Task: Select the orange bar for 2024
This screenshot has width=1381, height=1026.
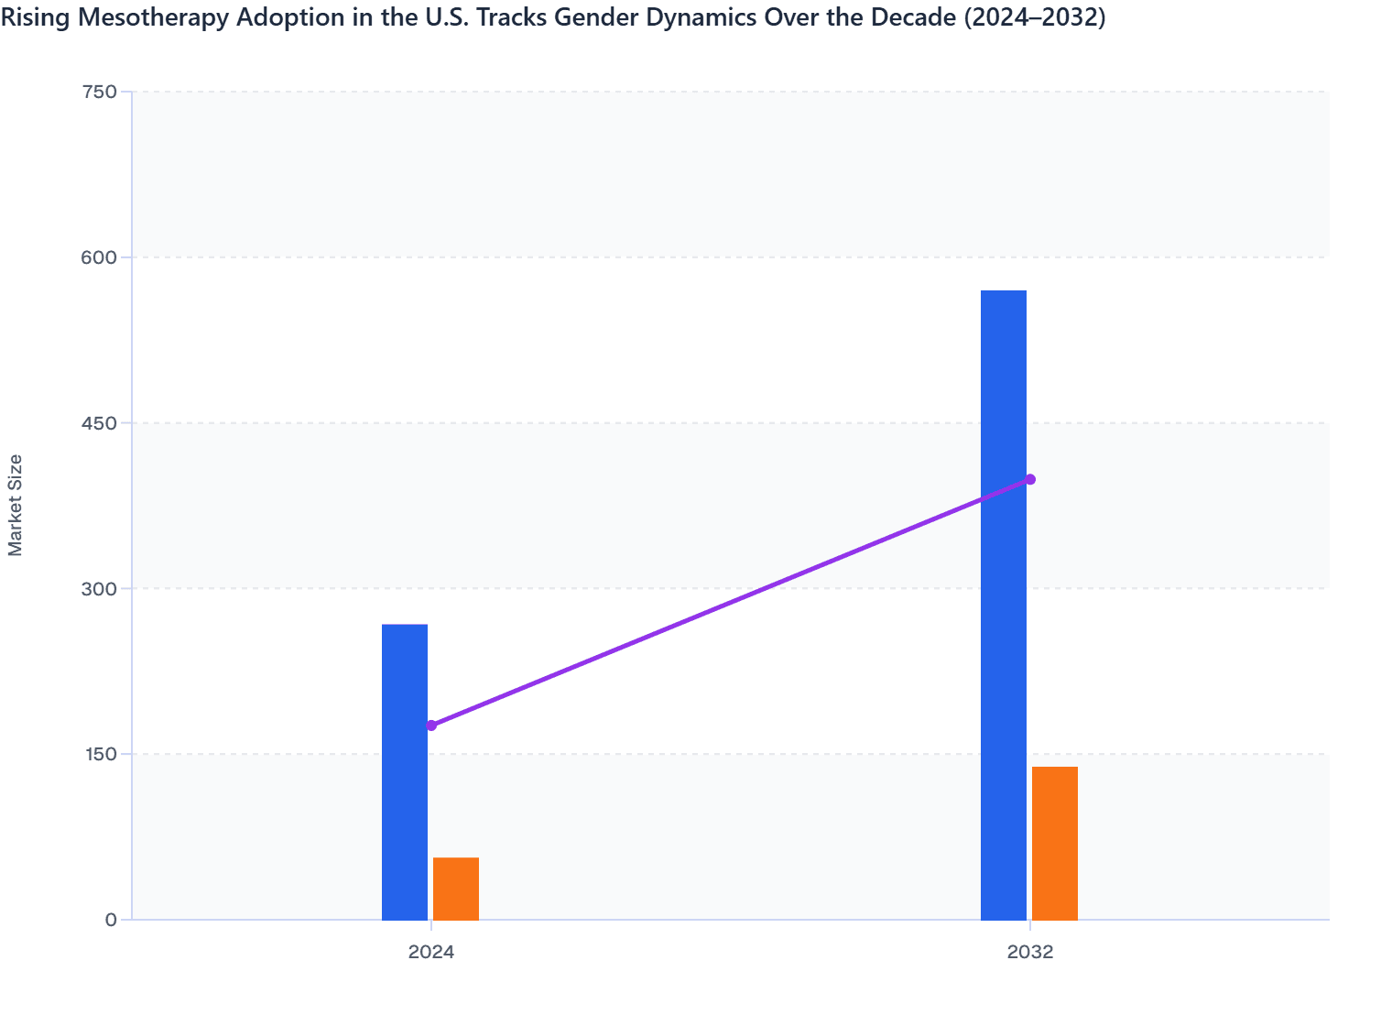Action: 455,889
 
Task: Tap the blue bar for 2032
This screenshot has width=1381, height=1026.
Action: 1003,605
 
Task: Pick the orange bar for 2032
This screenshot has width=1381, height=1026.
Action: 1054,843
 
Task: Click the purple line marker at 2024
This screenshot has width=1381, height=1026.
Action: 431,726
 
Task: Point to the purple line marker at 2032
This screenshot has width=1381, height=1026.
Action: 1030,479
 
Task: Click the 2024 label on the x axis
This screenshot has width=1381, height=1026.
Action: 431,952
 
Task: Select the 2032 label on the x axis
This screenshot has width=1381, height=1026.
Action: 1030,952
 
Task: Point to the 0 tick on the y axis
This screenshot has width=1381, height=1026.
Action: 111,920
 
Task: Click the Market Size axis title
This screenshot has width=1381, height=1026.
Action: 16,505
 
